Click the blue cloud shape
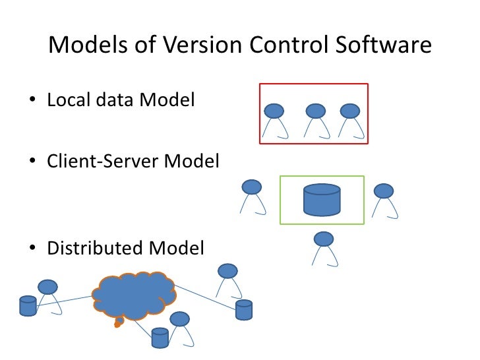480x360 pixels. click(135, 295)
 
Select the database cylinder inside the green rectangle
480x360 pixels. click(322, 200)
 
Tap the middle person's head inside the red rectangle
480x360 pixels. click(316, 111)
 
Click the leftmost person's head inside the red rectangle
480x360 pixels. click(274, 111)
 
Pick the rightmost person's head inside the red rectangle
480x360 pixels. click(349, 111)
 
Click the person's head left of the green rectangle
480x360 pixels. click(252, 187)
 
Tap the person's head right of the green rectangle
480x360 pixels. click(384, 191)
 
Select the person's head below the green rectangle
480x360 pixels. click(323, 239)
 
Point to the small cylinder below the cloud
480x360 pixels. click(160, 338)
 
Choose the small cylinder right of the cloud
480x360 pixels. click(244, 310)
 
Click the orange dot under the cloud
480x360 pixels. click(119, 323)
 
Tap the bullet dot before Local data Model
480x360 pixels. click(32, 102)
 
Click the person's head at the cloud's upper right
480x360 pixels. click(227, 270)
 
